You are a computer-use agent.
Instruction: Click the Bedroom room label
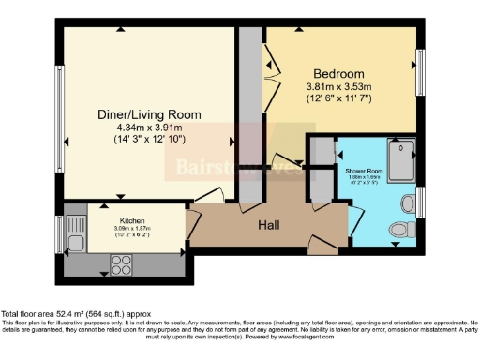point(338,73)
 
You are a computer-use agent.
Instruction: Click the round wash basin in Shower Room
point(409,202)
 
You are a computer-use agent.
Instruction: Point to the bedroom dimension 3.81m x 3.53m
point(338,87)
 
